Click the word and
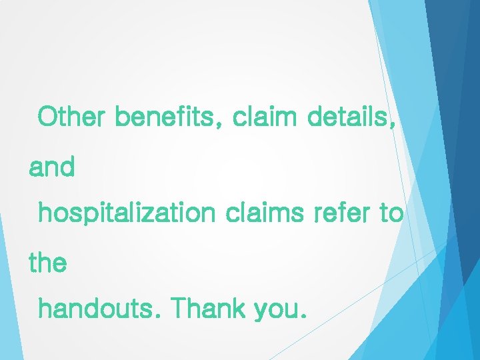(51, 167)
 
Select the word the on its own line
(47, 263)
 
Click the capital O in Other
(49, 117)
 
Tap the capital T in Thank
(178, 309)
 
